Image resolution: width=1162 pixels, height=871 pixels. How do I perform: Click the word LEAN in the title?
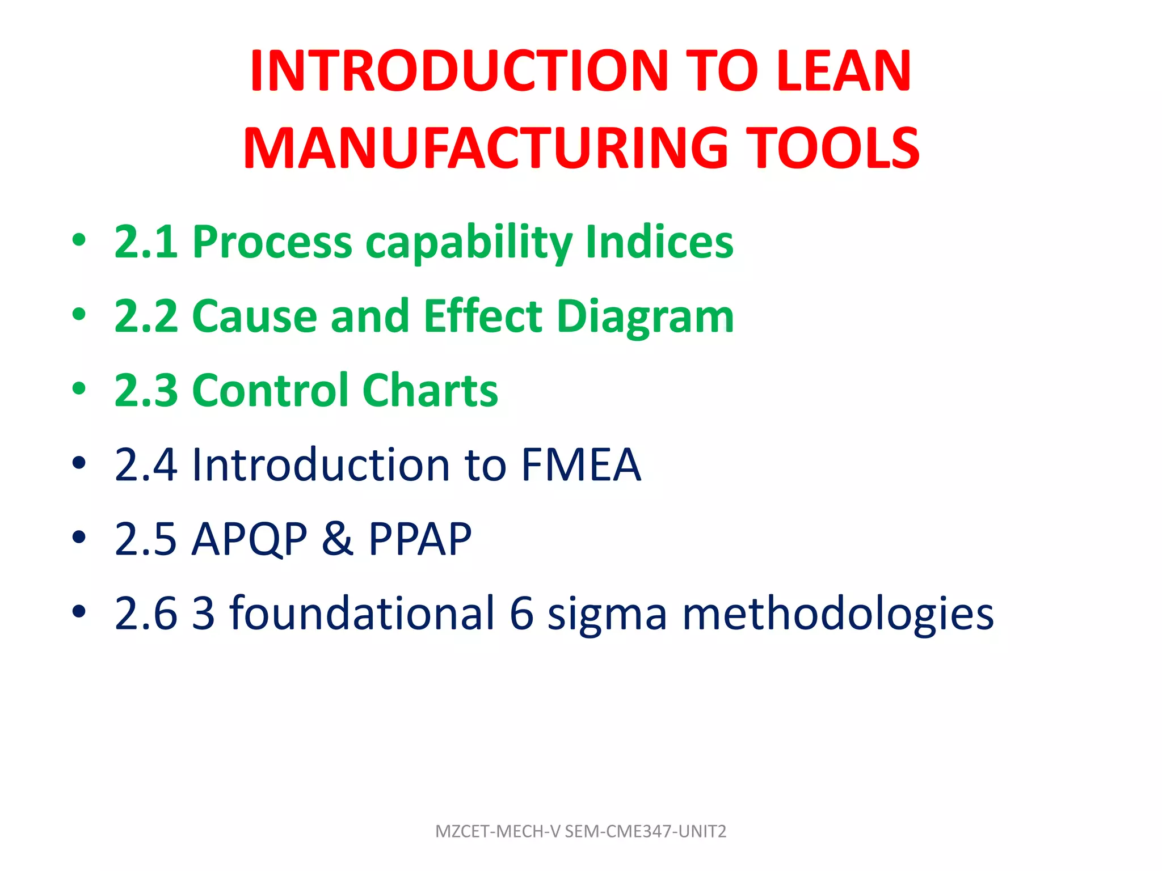point(843,71)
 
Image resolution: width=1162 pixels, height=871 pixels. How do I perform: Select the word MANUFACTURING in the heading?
point(486,148)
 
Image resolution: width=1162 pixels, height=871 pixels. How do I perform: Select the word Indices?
point(659,242)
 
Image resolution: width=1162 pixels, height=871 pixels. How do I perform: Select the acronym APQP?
point(250,539)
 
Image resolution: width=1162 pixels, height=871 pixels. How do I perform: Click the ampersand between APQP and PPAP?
point(338,539)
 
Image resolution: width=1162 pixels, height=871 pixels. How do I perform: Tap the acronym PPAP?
point(420,539)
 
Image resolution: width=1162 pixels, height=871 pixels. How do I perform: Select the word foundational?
point(362,613)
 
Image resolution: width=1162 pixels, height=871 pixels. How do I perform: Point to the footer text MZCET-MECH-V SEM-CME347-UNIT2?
point(580,831)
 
